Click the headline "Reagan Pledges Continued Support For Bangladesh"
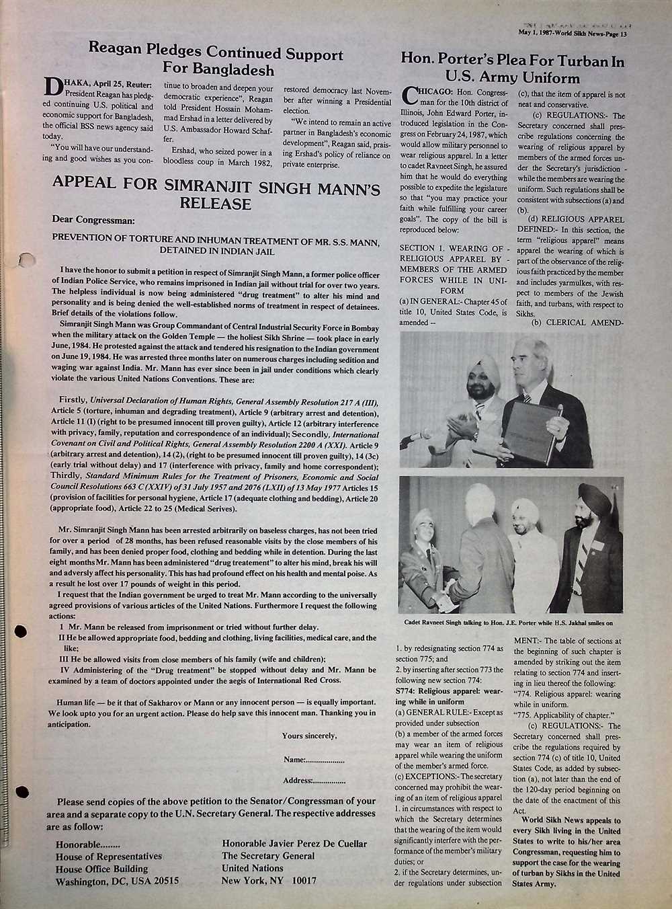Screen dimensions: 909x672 (x=216, y=61)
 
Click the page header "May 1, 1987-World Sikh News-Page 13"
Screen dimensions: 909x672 (x=582, y=33)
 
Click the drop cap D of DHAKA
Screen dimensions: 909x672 (x=52, y=87)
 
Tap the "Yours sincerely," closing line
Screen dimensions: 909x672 (x=309, y=736)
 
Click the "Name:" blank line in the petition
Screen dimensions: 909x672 (x=314, y=759)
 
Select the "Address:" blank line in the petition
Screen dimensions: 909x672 (x=314, y=781)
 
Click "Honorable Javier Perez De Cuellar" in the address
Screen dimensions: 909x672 (x=294, y=843)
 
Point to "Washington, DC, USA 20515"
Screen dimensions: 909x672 (x=117, y=881)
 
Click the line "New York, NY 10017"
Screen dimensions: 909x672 (x=269, y=880)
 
